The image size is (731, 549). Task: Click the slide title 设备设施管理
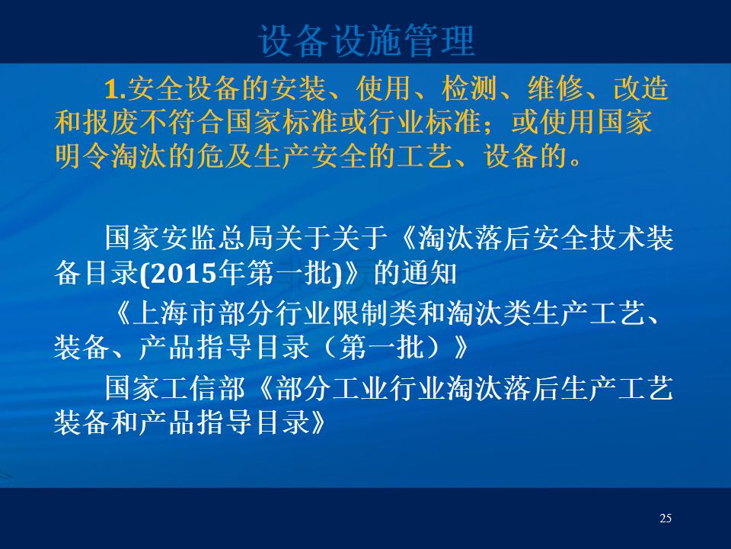point(367,40)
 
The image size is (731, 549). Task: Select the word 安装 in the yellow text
point(298,88)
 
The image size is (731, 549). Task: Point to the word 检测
point(470,88)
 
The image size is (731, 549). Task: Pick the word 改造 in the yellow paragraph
point(641,88)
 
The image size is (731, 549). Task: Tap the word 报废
point(111,122)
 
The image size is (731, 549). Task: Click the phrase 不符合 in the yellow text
point(182,122)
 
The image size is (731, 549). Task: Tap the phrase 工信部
point(204,388)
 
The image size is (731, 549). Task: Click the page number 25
point(666,518)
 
